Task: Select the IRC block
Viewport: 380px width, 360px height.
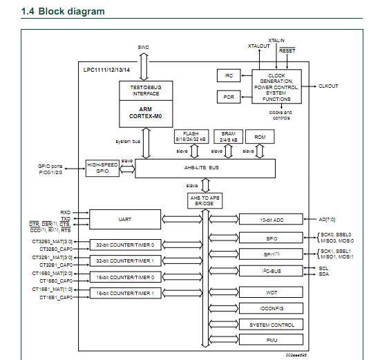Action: click(229, 76)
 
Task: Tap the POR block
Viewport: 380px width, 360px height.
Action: click(229, 97)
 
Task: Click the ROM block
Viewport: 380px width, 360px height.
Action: click(259, 137)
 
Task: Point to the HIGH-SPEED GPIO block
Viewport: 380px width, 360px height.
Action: click(103, 167)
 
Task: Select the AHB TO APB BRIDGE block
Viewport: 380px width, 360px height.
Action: click(205, 201)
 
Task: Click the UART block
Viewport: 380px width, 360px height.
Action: click(126, 219)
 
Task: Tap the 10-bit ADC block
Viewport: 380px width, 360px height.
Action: click(272, 219)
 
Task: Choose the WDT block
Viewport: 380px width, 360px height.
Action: click(272, 292)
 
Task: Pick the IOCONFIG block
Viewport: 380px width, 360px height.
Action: click(272, 308)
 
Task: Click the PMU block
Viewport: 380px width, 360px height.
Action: click(272, 339)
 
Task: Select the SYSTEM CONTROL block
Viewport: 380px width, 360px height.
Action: click(272, 324)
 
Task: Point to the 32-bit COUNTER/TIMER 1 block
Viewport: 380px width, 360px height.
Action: click(126, 260)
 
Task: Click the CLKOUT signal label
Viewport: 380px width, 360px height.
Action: click(328, 86)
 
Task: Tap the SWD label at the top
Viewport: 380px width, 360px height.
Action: click(143, 48)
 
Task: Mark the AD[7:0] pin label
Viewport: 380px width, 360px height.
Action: click(328, 219)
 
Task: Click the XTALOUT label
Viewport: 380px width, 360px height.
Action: click(258, 46)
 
